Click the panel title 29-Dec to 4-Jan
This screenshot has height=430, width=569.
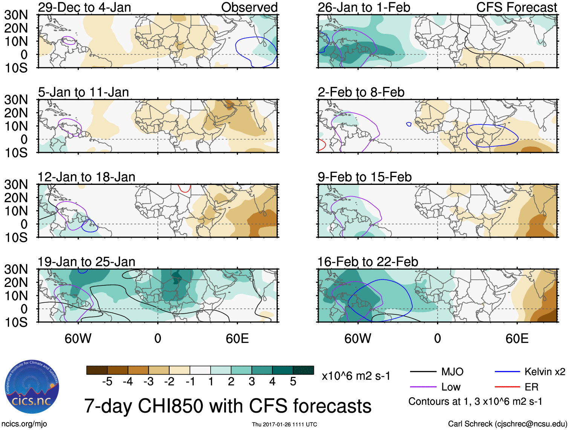[x=84, y=7]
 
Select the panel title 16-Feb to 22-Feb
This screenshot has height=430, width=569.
[x=368, y=262]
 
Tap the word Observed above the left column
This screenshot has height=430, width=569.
[x=249, y=7]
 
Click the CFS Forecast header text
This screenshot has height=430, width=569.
[x=517, y=7]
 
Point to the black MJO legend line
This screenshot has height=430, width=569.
[x=423, y=372]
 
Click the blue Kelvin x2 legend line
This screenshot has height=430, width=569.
[x=507, y=372]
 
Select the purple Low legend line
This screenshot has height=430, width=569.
[x=423, y=387]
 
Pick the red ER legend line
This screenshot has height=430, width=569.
[x=507, y=387]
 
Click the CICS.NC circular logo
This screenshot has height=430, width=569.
[x=32, y=387]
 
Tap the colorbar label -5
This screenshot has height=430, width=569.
[x=107, y=382]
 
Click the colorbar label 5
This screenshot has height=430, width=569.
[x=293, y=382]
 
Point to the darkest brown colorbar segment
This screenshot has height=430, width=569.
[x=97, y=370]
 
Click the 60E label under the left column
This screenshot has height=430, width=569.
[x=237, y=339]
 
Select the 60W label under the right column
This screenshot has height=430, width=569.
[x=358, y=339]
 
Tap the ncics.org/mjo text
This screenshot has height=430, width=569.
[x=24, y=424]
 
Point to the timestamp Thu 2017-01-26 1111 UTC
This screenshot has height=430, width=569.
[x=284, y=424]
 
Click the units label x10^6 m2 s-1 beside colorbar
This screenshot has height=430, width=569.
[x=356, y=376]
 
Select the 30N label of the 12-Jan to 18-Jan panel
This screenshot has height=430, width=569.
[x=16, y=185]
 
